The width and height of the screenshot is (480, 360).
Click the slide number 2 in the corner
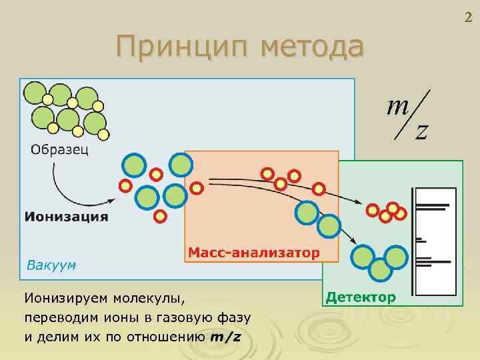tap(468, 18)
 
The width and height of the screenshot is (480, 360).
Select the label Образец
tap(58, 148)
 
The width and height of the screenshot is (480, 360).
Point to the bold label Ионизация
tap(66, 216)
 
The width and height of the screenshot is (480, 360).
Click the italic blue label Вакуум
tap(51, 265)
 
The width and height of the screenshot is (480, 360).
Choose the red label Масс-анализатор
tap(253, 253)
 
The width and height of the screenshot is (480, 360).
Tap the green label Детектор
tap(361, 296)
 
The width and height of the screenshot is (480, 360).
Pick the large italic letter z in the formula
tap(421, 132)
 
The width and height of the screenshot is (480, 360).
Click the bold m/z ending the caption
tap(225, 336)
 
